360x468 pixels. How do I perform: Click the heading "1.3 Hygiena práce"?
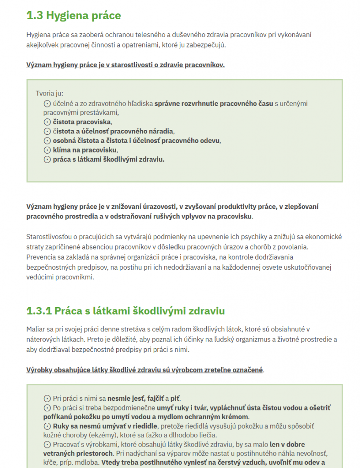pyautogui.click(x=74, y=16)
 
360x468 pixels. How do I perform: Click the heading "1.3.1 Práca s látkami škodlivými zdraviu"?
pyautogui.click(x=126, y=311)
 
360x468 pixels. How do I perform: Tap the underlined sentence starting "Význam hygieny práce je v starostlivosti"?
pyautogui.click(x=125, y=64)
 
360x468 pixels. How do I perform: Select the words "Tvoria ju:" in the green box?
pyautogui.click(x=49, y=93)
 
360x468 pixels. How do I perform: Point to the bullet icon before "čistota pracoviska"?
pyautogui.click(x=47, y=122)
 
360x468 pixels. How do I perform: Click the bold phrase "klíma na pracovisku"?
pyautogui.click(x=85, y=150)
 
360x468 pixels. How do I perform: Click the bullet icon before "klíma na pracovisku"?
pyautogui.click(x=47, y=150)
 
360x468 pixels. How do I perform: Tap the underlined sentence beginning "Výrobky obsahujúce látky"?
pyautogui.click(x=145, y=370)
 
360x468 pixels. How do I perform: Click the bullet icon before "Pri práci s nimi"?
pyautogui.click(x=47, y=398)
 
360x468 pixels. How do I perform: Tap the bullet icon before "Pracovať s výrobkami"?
pyautogui.click(x=47, y=444)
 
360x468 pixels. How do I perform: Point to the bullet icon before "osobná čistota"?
pyautogui.click(x=47, y=141)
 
